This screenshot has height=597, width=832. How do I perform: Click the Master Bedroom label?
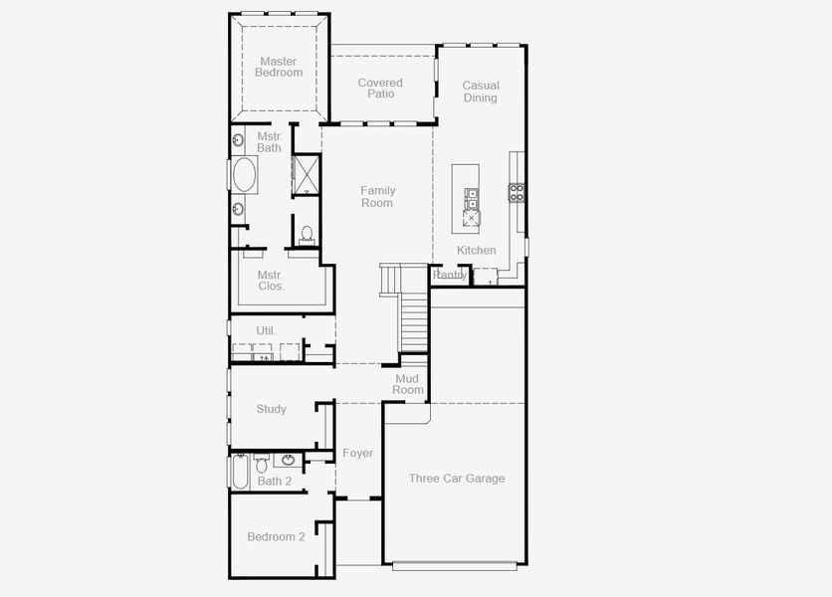point(279,67)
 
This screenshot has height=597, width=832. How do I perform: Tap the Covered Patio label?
point(380,89)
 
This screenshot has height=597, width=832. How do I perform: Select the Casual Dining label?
point(481,92)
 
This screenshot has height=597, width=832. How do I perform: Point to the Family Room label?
point(377,196)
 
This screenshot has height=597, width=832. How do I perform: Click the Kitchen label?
point(477,250)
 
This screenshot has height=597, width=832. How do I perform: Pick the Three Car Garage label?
point(457,479)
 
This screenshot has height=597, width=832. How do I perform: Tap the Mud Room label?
point(408,384)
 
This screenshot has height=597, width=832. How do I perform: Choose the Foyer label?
point(358,454)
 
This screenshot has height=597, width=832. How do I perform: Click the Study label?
point(271,409)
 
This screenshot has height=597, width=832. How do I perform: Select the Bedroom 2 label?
point(276,537)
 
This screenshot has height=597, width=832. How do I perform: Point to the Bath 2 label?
point(275,482)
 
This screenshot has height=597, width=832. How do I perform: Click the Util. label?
point(266,330)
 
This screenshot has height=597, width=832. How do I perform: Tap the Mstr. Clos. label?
point(271,281)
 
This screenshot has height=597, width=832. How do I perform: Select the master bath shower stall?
point(306,173)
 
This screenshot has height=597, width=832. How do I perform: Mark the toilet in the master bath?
point(307,235)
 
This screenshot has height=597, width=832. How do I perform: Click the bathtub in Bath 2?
point(240,472)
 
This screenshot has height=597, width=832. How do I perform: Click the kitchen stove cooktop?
point(518,192)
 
